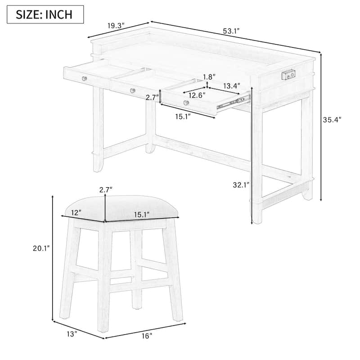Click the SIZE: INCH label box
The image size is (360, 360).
coord(45,14)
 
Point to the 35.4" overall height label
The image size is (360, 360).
coord(333,119)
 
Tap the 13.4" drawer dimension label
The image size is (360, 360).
coord(231,85)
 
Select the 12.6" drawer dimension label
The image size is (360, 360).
coord(196,95)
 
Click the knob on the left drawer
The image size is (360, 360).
coord(84,79)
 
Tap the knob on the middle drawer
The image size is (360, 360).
coord(132,91)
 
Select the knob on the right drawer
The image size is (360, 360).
coord(186,103)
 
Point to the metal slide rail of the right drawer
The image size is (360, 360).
coord(233,103)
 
